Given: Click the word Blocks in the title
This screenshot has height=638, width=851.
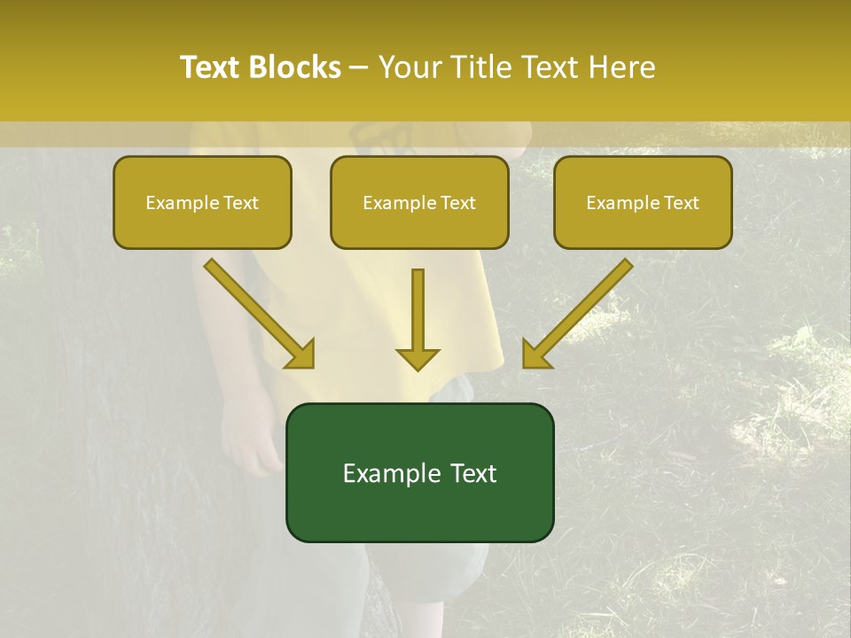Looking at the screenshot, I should [x=293, y=67].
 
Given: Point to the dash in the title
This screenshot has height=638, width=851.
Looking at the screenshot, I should [x=359, y=67].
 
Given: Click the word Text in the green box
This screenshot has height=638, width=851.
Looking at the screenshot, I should [x=474, y=474].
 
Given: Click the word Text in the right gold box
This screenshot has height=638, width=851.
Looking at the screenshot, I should [x=680, y=203].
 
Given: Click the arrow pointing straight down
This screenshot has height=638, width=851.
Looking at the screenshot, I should [x=418, y=319].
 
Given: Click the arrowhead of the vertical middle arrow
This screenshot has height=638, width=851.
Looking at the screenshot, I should [x=418, y=358].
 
